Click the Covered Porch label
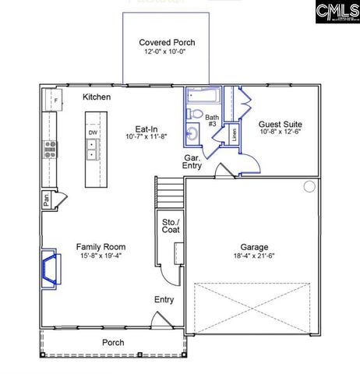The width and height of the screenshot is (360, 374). pos(167,42)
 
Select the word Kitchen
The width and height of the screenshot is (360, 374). pos(97,97)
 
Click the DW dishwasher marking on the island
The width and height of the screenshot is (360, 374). pos(93,132)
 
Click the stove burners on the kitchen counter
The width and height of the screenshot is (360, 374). pos(50,148)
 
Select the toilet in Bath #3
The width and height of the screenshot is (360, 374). pos(196,115)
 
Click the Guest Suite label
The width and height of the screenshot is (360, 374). pos(281,124)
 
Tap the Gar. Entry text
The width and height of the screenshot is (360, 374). pos(192,161)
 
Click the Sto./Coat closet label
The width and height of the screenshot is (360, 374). pos(170,225)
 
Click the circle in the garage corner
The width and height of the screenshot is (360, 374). pos(309,186)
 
